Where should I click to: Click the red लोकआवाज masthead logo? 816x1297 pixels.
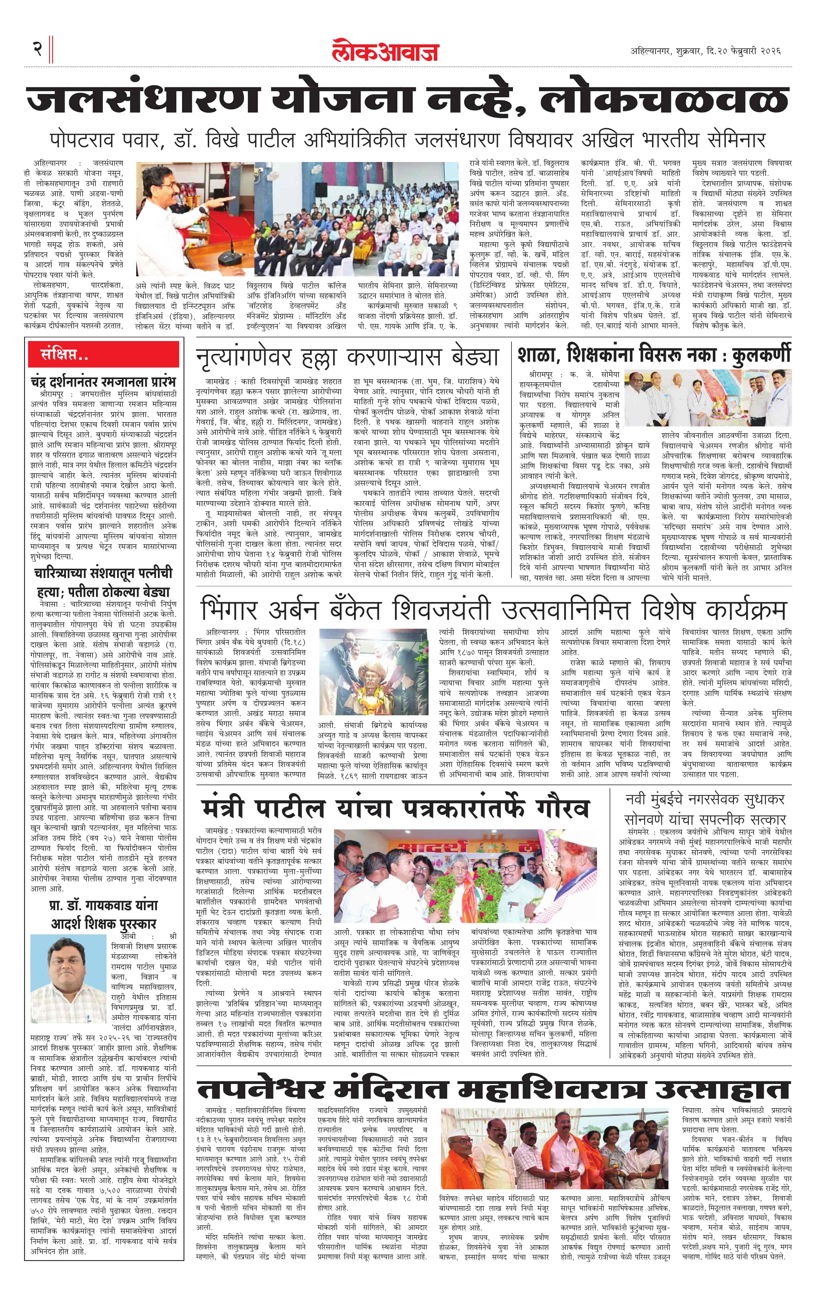(x=385, y=51)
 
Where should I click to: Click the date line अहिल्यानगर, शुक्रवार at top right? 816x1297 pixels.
(x=705, y=51)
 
